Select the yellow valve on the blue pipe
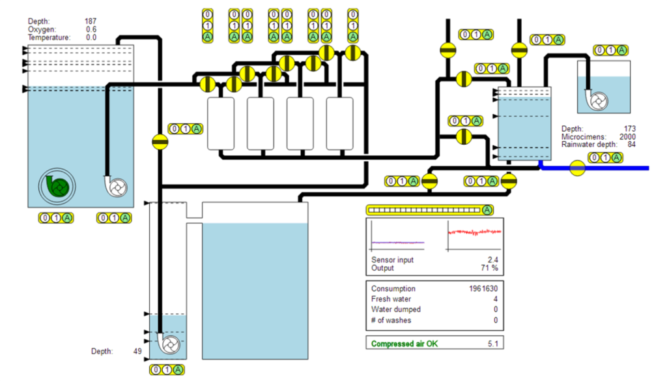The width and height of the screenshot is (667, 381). [577, 168]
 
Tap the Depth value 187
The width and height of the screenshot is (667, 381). [91, 21]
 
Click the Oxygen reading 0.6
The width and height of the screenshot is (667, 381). [91, 29]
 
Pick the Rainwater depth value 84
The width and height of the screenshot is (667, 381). [631, 145]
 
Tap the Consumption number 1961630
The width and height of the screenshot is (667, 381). [483, 289]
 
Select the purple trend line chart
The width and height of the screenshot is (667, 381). [397, 236]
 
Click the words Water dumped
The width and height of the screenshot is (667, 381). [396, 310]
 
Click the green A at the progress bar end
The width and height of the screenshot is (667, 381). [487, 209]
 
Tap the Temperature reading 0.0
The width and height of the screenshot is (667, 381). [91, 38]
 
